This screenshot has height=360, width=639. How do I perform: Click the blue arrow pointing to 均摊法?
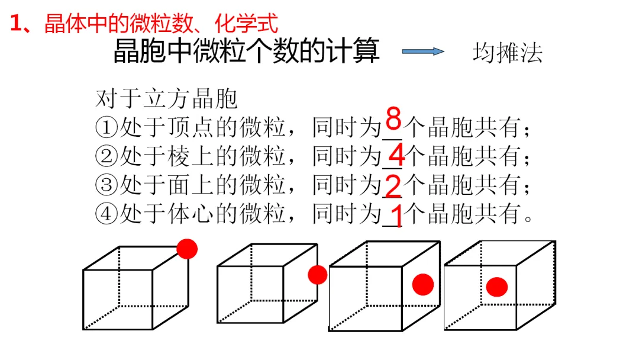422,52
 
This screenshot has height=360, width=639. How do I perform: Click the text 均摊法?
507,53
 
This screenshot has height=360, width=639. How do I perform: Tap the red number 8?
393,119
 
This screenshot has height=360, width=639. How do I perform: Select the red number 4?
396,156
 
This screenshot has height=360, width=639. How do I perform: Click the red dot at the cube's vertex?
187,249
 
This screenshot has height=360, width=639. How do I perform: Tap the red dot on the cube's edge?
317,275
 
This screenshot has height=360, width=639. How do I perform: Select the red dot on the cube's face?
422,284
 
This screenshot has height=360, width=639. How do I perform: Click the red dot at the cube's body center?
497,287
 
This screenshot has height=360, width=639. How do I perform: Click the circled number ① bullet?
106,127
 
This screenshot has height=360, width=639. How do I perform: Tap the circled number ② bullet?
106,156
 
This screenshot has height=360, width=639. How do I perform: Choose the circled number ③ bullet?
106,185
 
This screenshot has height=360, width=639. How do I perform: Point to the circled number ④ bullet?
106,214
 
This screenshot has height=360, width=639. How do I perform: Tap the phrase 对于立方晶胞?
166,99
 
